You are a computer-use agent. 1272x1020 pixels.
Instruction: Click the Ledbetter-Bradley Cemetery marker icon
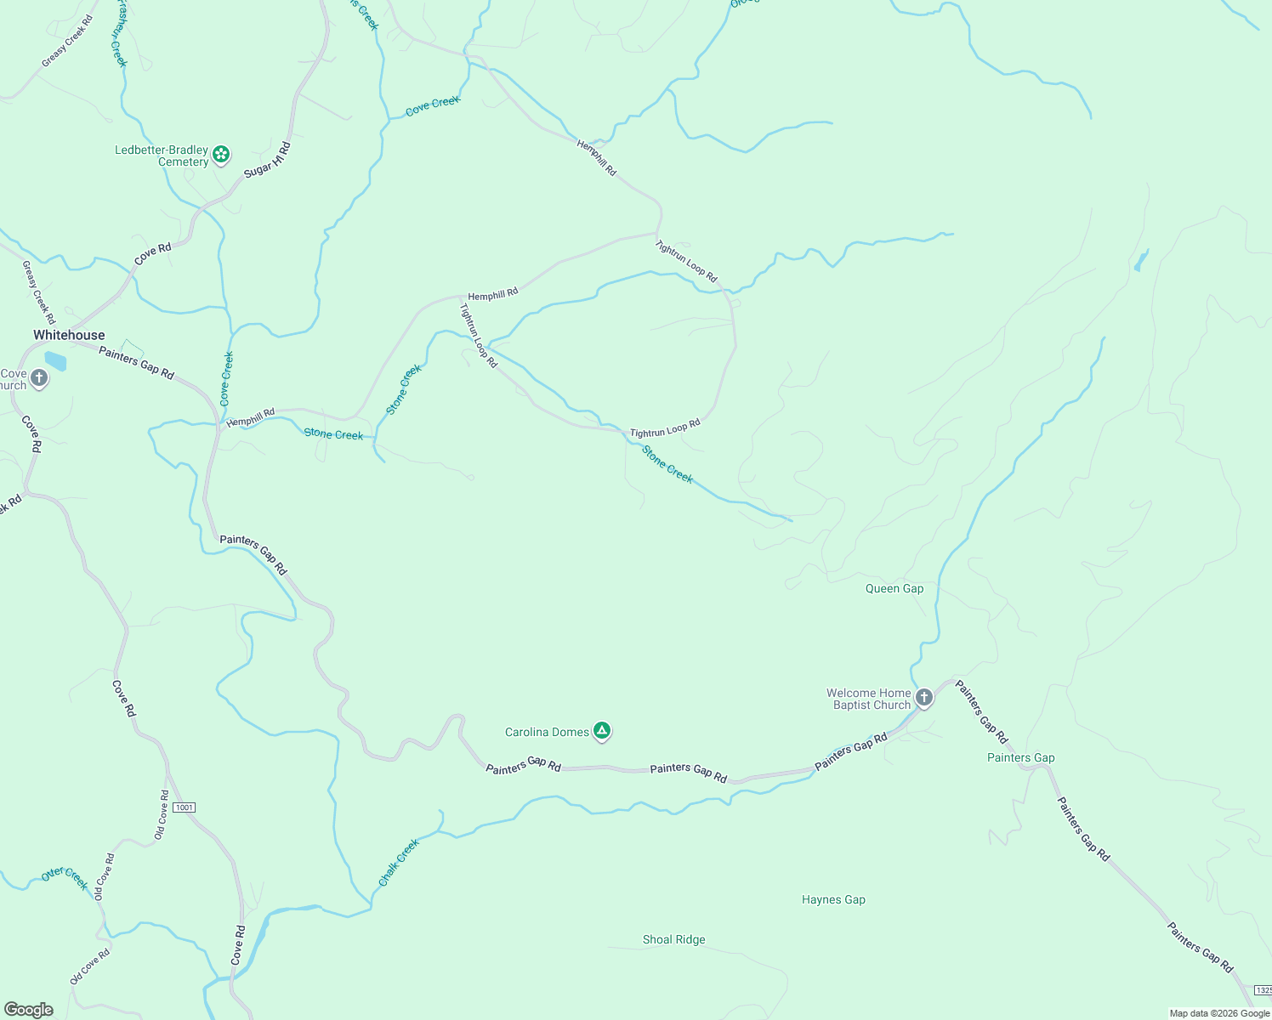(x=221, y=154)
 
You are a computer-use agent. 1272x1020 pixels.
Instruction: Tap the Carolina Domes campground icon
(x=602, y=730)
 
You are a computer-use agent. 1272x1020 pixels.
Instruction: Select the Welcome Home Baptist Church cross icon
(x=924, y=698)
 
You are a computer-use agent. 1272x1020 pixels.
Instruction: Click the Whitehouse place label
(x=69, y=335)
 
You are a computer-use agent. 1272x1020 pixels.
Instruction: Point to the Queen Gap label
(x=894, y=588)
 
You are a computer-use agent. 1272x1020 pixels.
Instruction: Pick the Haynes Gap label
(x=833, y=899)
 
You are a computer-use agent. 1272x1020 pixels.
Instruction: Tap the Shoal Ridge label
(x=673, y=939)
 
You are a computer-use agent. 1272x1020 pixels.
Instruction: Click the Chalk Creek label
(x=399, y=863)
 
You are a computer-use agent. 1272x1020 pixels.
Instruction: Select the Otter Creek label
(x=65, y=878)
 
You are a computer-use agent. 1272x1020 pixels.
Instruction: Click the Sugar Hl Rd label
(x=267, y=160)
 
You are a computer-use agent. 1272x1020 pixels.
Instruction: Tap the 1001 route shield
(x=184, y=807)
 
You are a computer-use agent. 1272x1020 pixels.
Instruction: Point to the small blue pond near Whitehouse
(x=55, y=361)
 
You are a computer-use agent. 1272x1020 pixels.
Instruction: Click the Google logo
(x=29, y=1010)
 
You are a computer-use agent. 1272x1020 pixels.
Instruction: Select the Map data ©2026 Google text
(x=1218, y=1013)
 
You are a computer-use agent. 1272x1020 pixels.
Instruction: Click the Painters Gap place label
(x=1020, y=757)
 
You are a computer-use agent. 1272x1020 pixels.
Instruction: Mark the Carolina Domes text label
(x=547, y=732)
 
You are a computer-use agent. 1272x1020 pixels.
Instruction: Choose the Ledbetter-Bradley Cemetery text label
(x=162, y=156)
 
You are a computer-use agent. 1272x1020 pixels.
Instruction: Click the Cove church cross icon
(x=39, y=378)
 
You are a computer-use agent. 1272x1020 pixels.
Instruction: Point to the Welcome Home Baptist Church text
(x=868, y=699)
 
